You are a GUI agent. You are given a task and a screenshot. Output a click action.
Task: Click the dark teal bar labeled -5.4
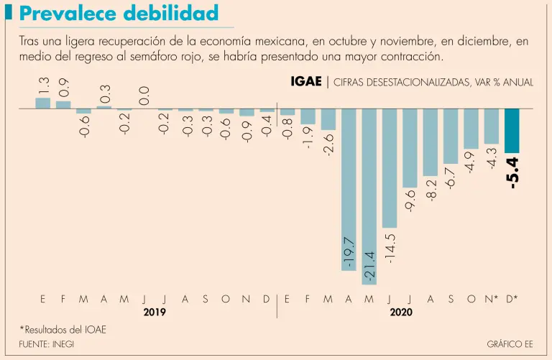pos(512,130)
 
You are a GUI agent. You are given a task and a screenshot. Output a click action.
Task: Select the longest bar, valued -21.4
pos(369,191)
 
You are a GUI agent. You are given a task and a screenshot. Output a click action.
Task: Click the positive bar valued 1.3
pos(43,103)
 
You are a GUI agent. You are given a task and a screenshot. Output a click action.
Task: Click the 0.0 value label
pos(144,95)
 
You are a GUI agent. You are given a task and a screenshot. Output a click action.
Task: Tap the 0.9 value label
pos(64,88)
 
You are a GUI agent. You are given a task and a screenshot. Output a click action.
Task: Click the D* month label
pos(512,299)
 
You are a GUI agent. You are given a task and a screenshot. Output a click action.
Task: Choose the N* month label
pos(492,299)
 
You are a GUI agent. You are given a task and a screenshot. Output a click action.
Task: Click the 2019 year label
pos(155,313)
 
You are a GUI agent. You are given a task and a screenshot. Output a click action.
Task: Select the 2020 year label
pos(401,313)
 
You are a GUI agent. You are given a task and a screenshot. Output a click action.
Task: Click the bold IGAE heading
pos(305,82)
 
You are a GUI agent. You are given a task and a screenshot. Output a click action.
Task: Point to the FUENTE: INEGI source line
pos(47,344)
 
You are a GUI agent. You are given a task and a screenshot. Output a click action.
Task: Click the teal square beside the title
pos(9,13)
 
